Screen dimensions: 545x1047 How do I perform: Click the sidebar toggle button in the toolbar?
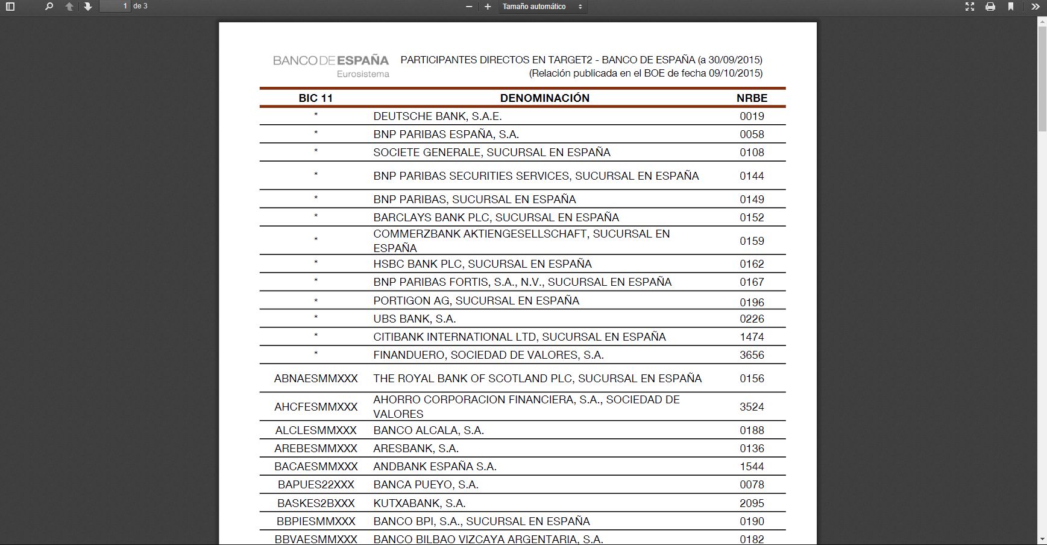pyautogui.click(x=10, y=7)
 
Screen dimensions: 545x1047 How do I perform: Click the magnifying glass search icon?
pyautogui.click(x=49, y=7)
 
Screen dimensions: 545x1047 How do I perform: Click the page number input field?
pyautogui.click(x=115, y=7)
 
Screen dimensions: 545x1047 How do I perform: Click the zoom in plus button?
pyautogui.click(x=488, y=7)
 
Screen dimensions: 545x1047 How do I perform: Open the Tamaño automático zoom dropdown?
pyautogui.click(x=542, y=7)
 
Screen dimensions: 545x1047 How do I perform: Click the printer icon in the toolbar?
pyautogui.click(x=990, y=7)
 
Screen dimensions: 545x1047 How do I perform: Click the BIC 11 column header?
pyautogui.click(x=316, y=98)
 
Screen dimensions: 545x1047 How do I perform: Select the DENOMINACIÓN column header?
pyautogui.click(x=544, y=98)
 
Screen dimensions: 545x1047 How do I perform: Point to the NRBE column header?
pyautogui.click(x=752, y=98)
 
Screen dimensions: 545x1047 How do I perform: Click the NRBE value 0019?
pyautogui.click(x=752, y=116)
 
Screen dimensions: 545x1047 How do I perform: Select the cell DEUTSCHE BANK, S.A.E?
pyautogui.click(x=437, y=116)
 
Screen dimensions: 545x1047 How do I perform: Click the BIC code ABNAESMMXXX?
pyautogui.click(x=316, y=379)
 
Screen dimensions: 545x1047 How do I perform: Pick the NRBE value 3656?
pyautogui.click(x=752, y=355)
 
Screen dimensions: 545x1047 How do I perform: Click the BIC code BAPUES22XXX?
pyautogui.click(x=316, y=485)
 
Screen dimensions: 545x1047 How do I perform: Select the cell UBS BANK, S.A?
pyautogui.click(x=414, y=319)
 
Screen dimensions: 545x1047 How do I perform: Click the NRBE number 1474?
pyautogui.click(x=752, y=337)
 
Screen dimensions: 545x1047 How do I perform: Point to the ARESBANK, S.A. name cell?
pyautogui.click(x=416, y=449)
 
